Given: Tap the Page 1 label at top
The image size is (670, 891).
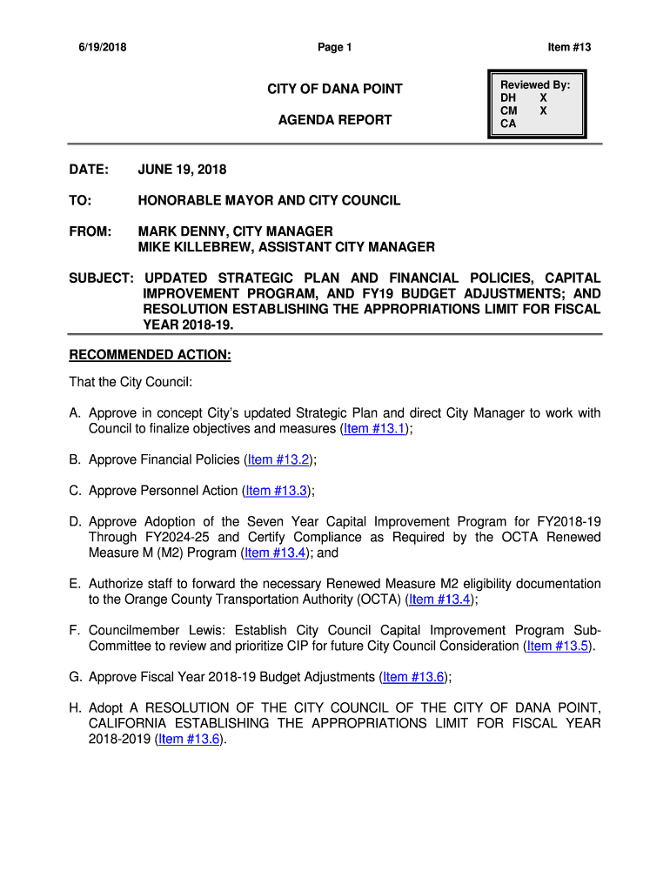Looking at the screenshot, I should [334, 48].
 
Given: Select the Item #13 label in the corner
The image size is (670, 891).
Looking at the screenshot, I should [569, 48].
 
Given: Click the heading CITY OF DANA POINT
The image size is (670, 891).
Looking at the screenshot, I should [335, 90].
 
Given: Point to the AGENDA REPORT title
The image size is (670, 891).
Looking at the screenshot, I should [335, 120].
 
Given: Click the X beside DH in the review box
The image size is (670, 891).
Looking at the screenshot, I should [544, 98].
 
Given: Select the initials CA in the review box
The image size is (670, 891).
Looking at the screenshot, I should [508, 124].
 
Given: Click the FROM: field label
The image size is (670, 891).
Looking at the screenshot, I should [90, 231].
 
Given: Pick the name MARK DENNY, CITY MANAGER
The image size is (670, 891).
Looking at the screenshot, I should [235, 231].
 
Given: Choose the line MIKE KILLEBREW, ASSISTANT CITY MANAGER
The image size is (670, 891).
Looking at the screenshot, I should [286, 247].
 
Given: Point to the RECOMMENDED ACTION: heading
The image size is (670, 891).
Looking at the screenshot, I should [150, 355].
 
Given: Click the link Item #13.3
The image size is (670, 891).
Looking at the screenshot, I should [277, 491].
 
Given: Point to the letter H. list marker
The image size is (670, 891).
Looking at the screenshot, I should [76, 708].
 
